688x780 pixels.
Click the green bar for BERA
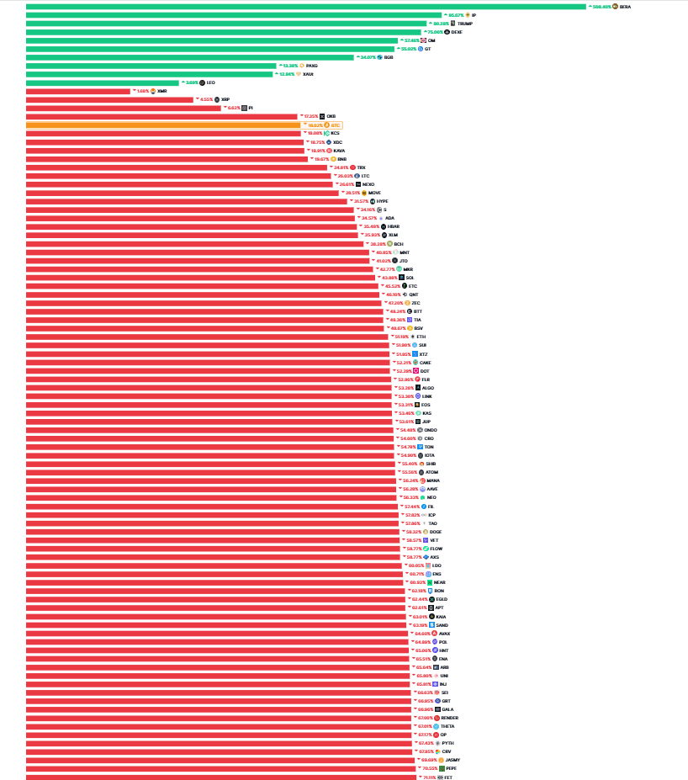[303, 7]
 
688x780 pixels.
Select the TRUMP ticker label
[465, 24]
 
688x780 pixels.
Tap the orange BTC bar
[160, 125]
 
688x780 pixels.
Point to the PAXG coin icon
[302, 66]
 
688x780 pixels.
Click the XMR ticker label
[162, 91]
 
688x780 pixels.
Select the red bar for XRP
[109, 99]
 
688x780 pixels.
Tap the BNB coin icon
[334, 158]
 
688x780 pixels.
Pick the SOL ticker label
[410, 278]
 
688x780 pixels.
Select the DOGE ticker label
[436, 532]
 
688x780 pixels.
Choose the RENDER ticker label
[450, 718]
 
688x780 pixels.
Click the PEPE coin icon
[442, 768]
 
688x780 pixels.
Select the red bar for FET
[219, 777]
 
